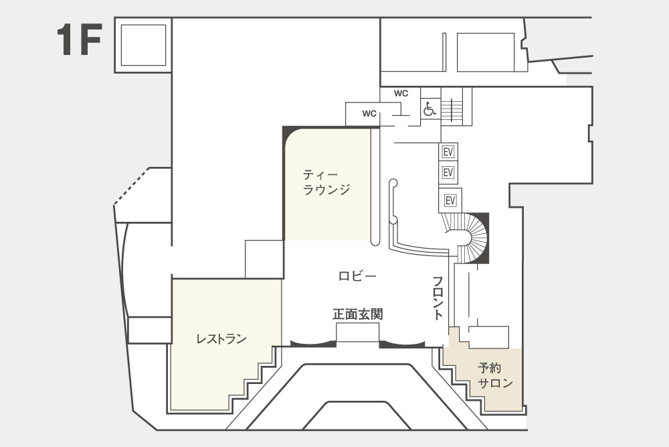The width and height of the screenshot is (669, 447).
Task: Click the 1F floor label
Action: pyautogui.click(x=80, y=40)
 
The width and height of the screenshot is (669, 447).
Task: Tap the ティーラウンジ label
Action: pyautogui.click(x=326, y=182)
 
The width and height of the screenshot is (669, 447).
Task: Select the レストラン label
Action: pyautogui.click(x=221, y=339)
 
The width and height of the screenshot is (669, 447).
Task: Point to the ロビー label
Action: pyautogui.click(x=357, y=276)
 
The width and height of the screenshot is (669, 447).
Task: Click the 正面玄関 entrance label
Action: pyautogui.click(x=357, y=314)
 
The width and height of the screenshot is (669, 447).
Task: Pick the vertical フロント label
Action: pyautogui.click(x=438, y=298)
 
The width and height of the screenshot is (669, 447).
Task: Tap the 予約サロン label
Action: pyautogui.click(x=495, y=375)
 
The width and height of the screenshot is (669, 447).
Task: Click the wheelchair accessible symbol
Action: pyautogui.click(x=429, y=109)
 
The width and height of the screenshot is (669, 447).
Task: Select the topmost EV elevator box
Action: pyautogui.click(x=448, y=151)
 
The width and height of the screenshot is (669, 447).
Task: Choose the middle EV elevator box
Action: pyautogui.click(x=448, y=172)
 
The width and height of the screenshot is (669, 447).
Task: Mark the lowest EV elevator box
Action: pyautogui.click(x=450, y=200)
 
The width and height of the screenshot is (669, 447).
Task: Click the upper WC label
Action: pyautogui.click(x=401, y=94)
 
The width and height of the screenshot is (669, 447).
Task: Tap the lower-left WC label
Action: pyautogui.click(x=369, y=114)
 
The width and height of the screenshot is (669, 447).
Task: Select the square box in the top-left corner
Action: pyautogui.click(x=143, y=45)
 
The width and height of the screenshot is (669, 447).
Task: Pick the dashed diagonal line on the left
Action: pyautogui.click(x=131, y=187)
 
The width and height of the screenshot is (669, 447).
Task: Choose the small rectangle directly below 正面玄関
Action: pyautogui.click(x=357, y=332)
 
